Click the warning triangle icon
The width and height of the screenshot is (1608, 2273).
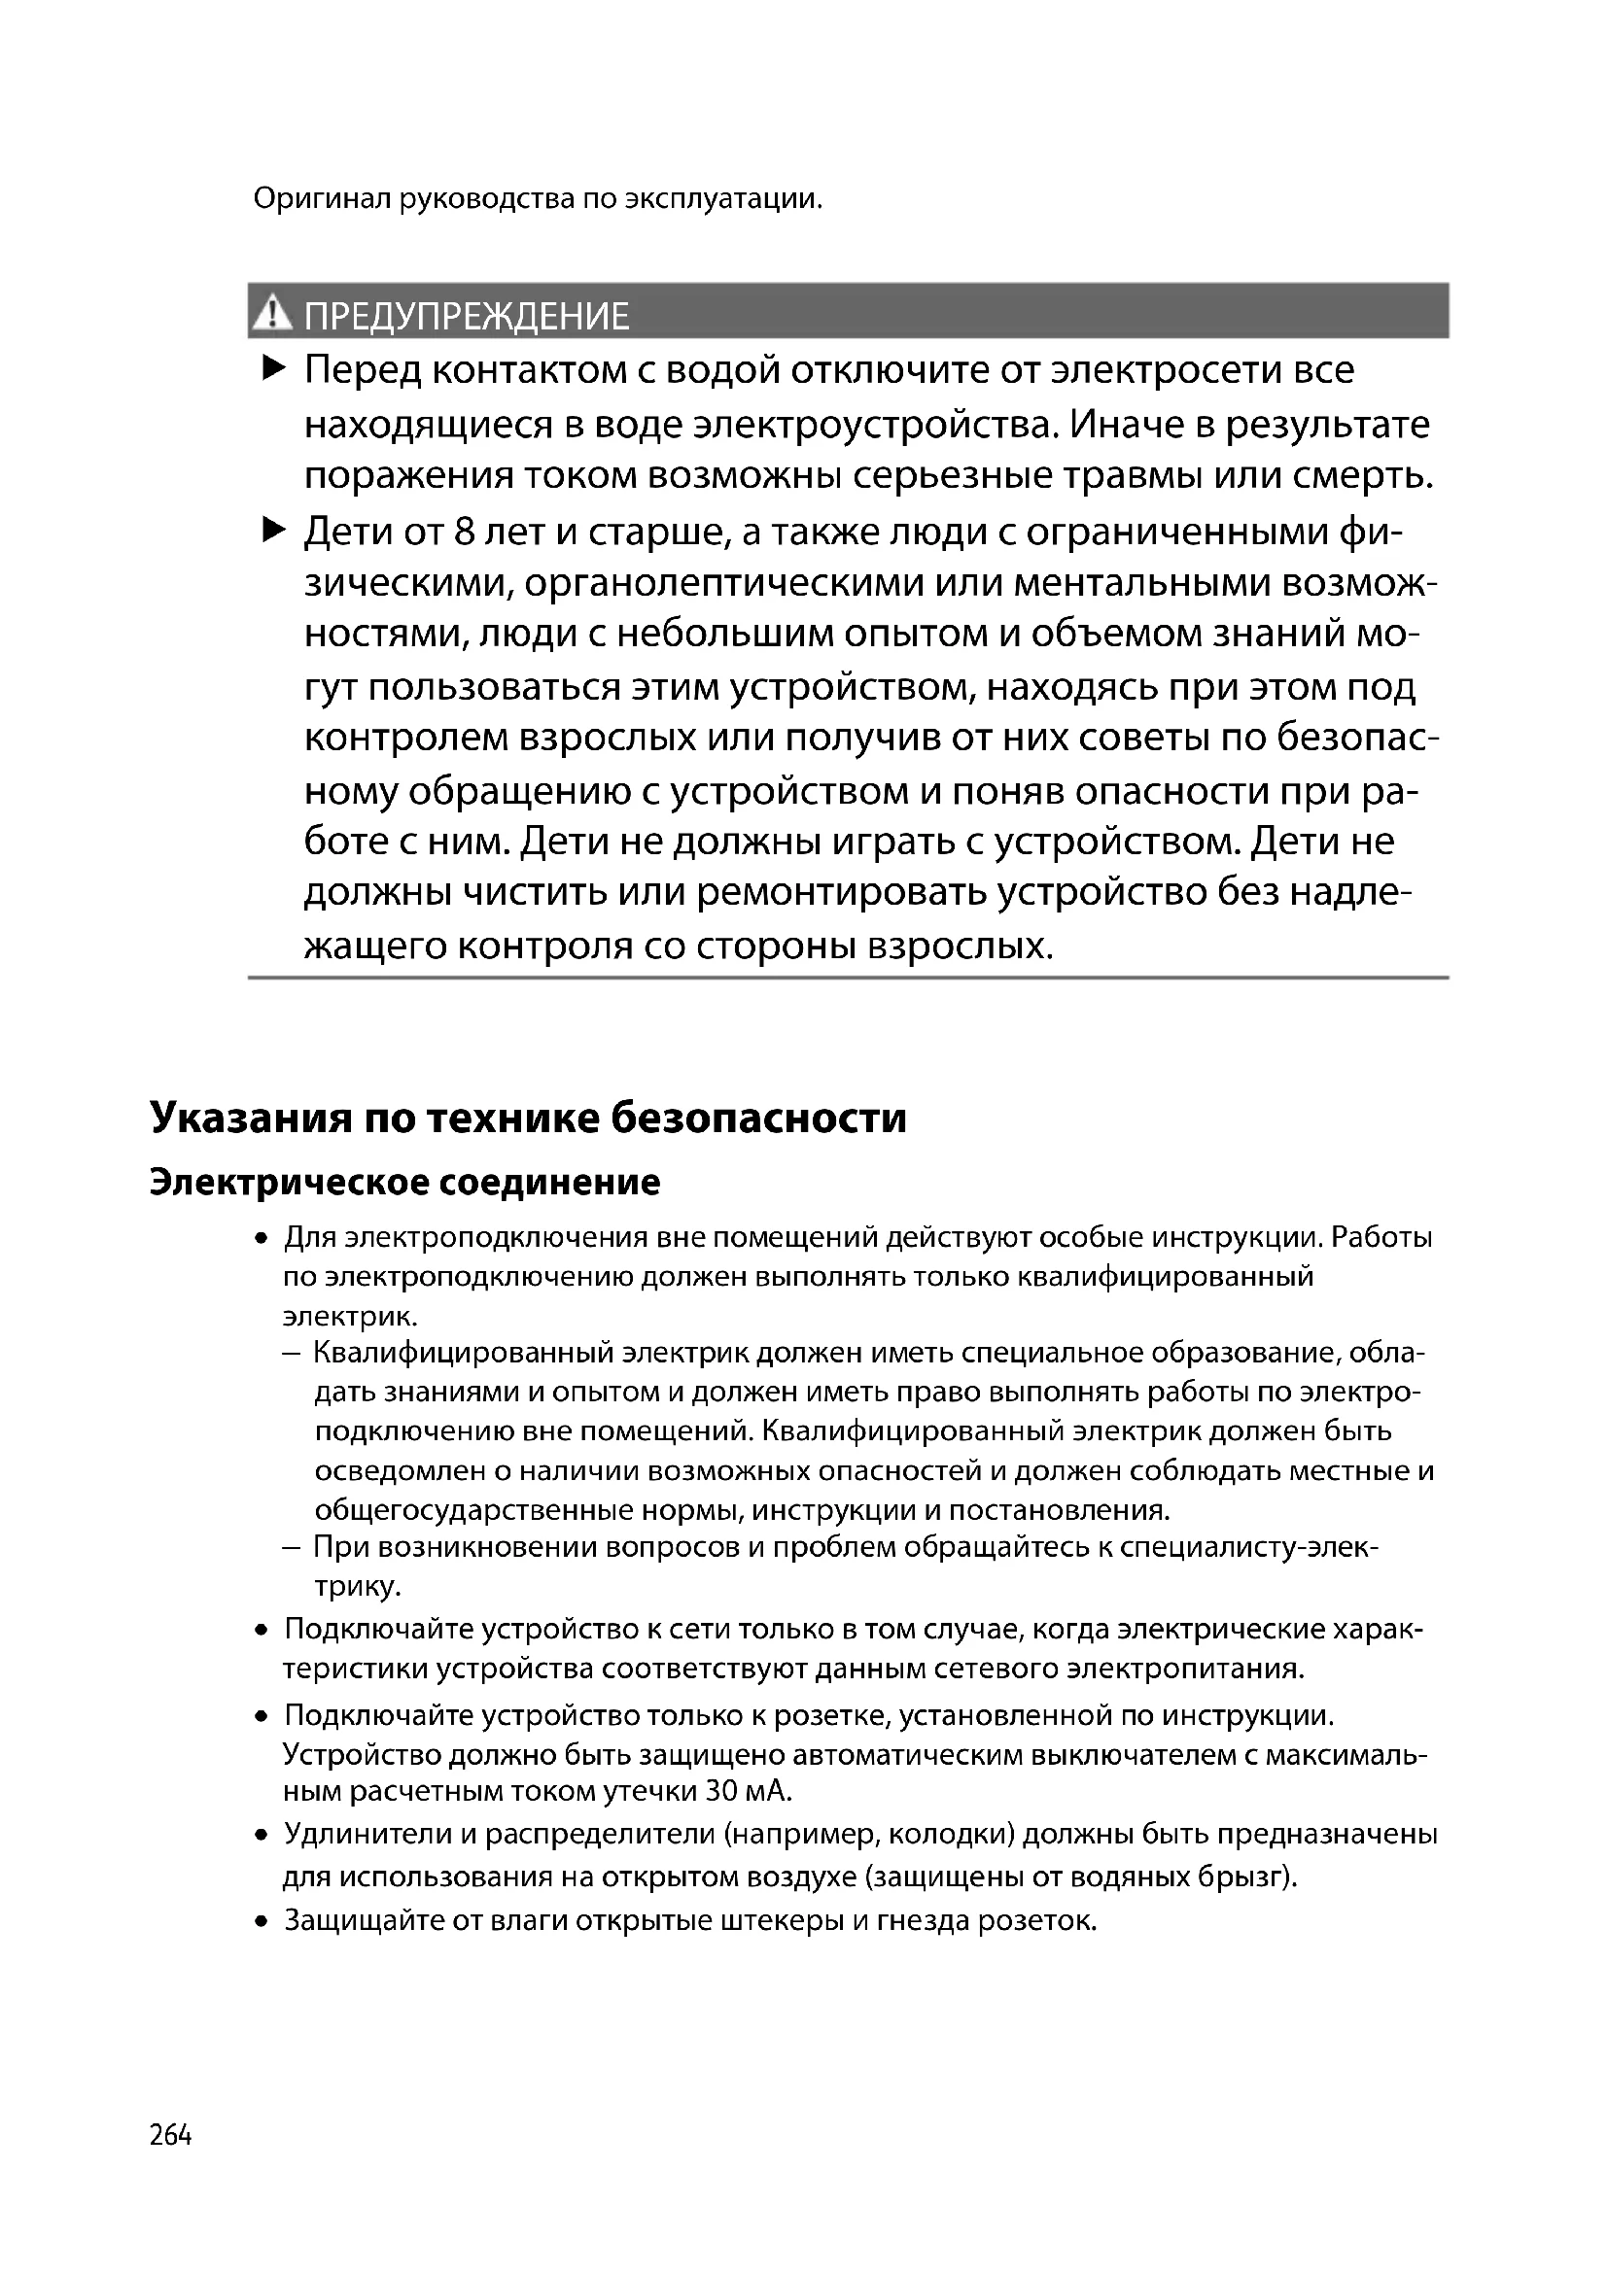tap(271, 315)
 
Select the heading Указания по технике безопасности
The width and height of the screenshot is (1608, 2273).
tap(528, 1118)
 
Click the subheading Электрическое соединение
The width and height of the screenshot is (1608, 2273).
tap(404, 1182)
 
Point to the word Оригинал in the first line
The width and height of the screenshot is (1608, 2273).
tap(322, 199)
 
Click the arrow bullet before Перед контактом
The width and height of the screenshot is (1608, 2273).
tap(273, 370)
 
